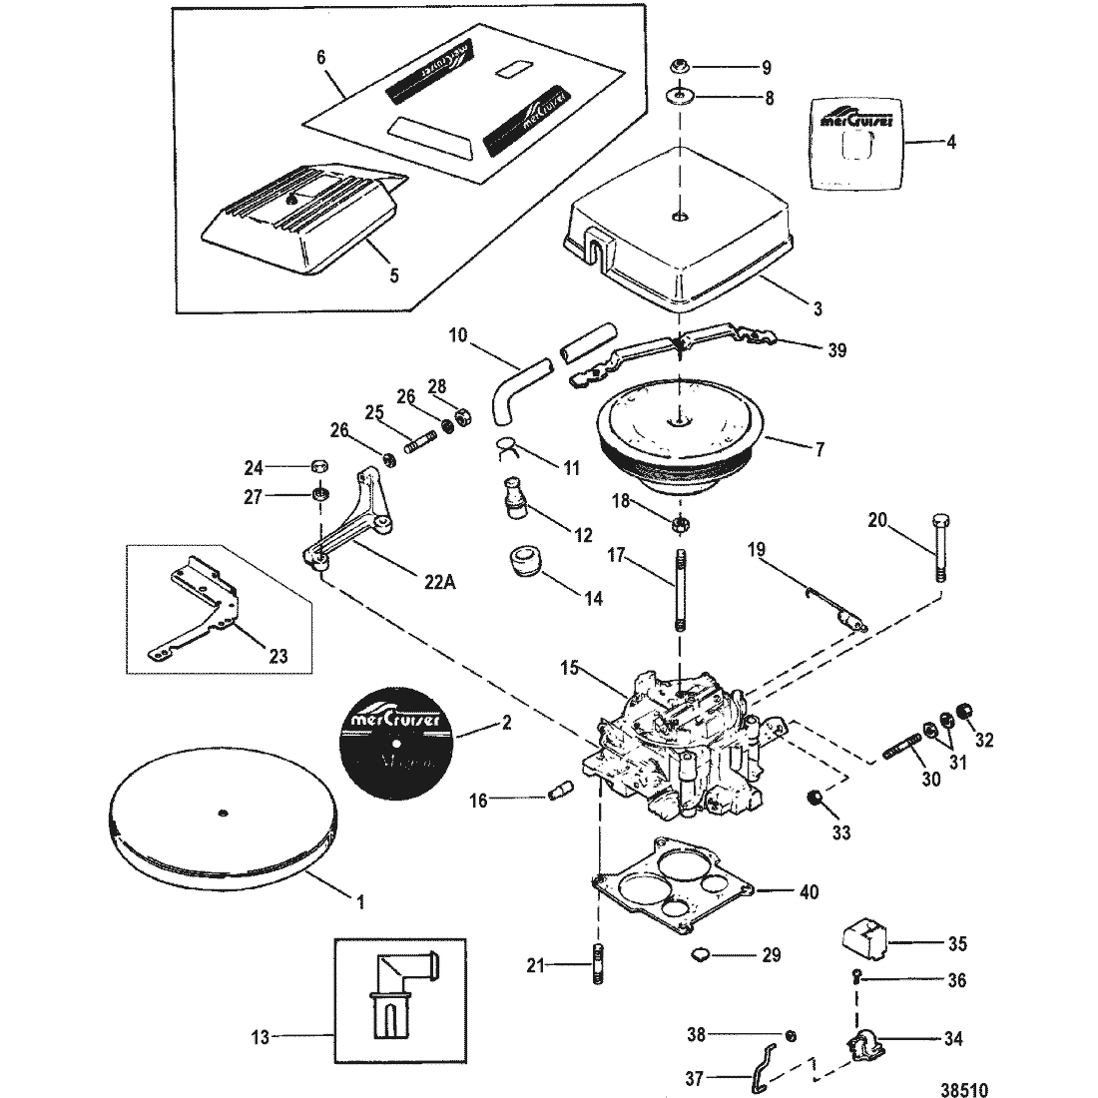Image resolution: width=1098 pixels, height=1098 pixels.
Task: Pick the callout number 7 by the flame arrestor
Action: (820, 449)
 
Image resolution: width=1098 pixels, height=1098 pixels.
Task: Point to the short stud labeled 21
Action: (599, 964)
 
